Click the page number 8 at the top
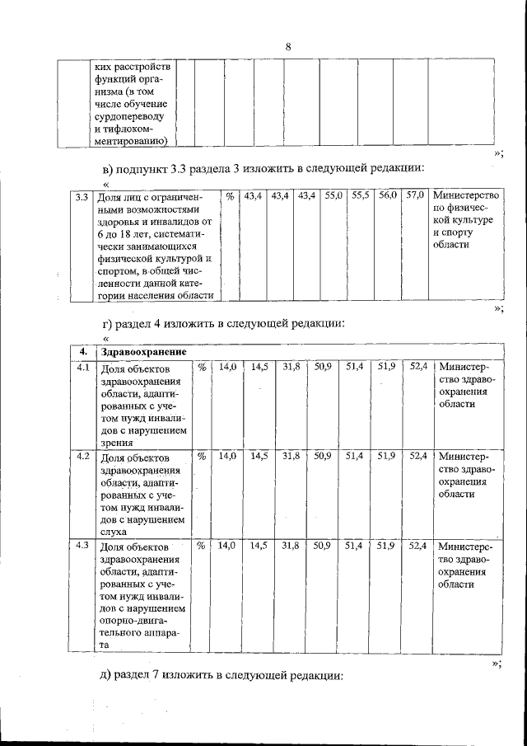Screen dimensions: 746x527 (288, 46)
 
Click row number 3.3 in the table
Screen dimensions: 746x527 (81, 197)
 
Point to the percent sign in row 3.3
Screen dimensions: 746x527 (231, 197)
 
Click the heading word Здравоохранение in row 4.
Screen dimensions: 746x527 (142, 352)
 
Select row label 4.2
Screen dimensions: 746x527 (83, 455)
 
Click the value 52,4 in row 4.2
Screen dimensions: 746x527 (417, 456)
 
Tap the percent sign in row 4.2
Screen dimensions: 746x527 (201, 456)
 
